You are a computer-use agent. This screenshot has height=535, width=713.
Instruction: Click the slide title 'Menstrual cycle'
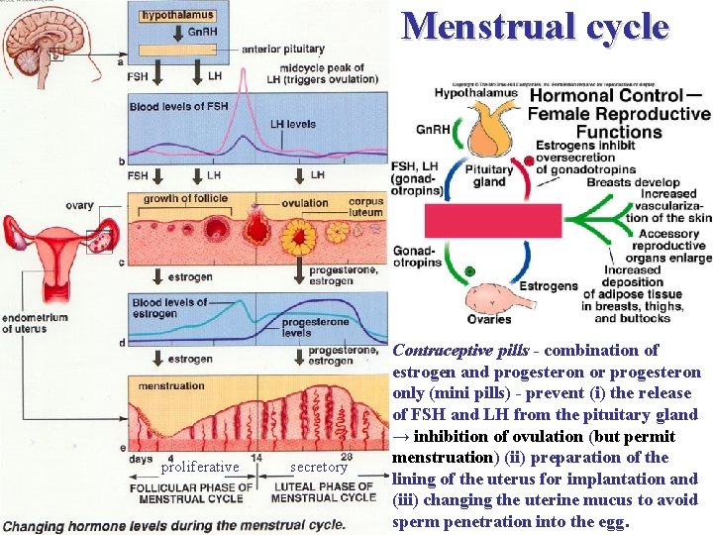click(535, 27)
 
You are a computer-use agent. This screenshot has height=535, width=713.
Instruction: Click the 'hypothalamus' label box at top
click(177, 17)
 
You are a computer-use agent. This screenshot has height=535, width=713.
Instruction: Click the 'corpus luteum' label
click(366, 207)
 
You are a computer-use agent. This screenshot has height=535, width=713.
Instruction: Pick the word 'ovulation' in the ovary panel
click(304, 203)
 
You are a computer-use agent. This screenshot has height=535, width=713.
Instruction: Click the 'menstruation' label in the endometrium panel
click(171, 385)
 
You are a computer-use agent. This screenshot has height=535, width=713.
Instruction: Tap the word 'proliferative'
click(199, 467)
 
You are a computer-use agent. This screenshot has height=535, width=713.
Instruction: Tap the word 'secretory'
click(319, 467)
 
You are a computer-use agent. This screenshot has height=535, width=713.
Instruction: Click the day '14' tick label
click(255, 458)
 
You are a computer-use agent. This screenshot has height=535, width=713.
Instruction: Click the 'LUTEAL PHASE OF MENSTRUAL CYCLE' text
click(322, 491)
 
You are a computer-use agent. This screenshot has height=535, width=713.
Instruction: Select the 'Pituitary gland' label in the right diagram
click(490, 175)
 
